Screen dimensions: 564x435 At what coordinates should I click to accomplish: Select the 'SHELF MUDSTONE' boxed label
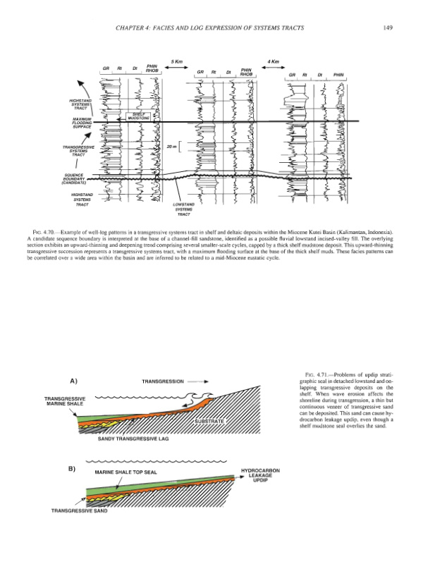pos(137,116)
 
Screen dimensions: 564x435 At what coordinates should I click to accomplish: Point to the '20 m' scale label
pos(170,147)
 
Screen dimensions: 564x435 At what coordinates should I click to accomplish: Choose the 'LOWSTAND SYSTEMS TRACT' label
pos(183,209)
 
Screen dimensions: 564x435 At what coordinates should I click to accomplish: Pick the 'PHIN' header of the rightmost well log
pos(339,73)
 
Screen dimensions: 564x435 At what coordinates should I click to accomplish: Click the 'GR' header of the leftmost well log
pos(105,68)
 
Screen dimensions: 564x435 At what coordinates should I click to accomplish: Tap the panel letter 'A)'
pos(73,381)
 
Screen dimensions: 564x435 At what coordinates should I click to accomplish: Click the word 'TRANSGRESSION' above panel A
pos(164,381)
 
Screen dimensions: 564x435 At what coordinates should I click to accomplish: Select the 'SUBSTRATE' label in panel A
pos(209,421)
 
